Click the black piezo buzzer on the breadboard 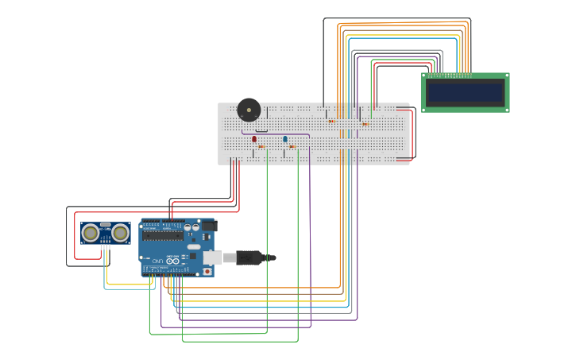[249, 110]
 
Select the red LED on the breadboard [254, 139]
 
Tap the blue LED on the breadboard [285, 139]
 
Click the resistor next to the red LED [261, 147]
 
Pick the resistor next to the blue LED [292, 147]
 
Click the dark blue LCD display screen [465, 93]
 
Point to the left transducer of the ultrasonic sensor [91, 233]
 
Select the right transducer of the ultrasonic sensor [120, 233]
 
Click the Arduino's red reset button [207, 271]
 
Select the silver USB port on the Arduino [212, 257]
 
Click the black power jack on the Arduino [209, 226]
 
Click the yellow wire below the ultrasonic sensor [127, 285]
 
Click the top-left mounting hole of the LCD [424, 76]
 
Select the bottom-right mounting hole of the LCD [506, 110]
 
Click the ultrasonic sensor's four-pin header [105, 246]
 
